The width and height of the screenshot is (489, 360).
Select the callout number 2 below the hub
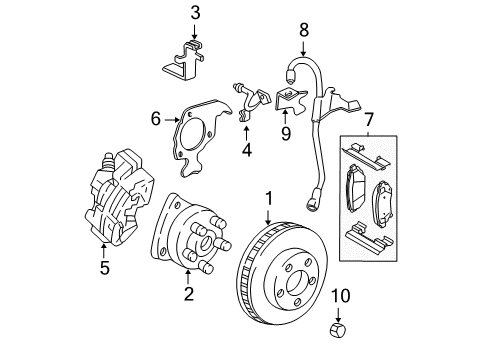[187, 293]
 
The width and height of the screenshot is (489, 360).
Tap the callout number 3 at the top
[195, 13]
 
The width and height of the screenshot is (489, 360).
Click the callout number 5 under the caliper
[104, 267]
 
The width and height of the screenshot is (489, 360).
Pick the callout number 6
[156, 119]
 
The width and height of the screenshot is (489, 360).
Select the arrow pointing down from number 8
[304, 45]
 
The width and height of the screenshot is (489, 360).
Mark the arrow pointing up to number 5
[104, 249]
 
